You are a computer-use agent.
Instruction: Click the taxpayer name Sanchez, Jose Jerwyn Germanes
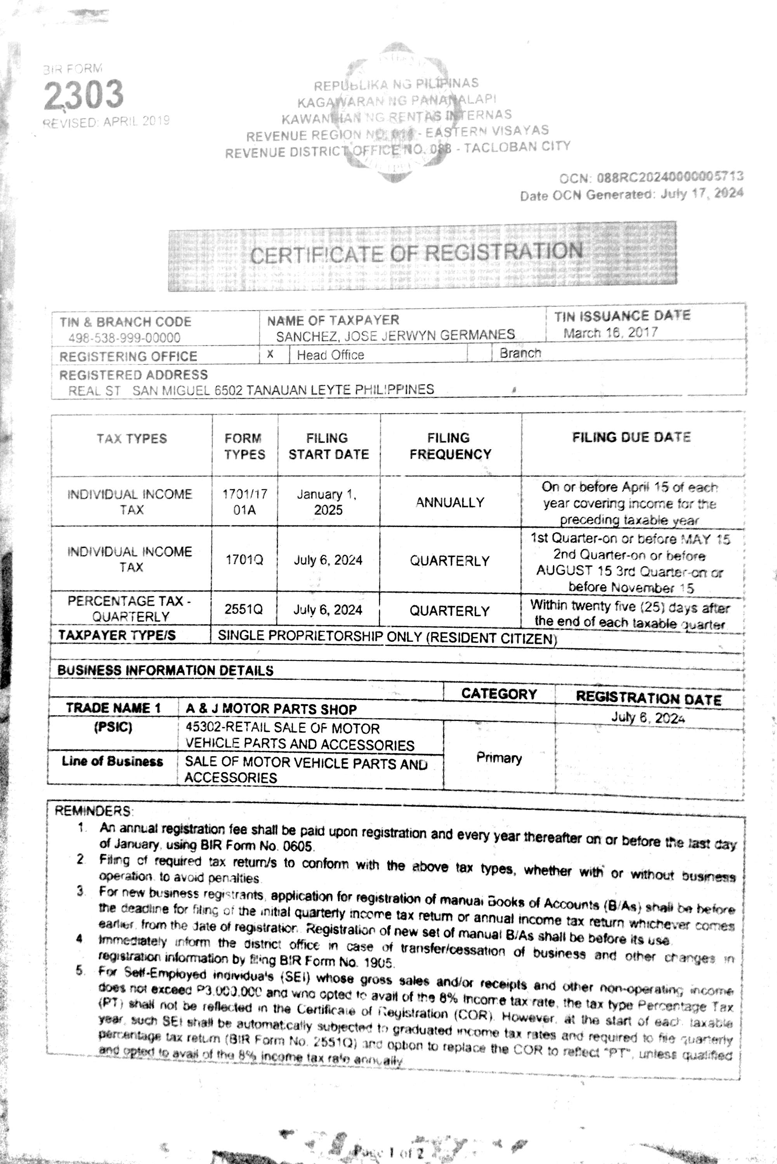395,335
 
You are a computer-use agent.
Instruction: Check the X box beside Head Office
271,354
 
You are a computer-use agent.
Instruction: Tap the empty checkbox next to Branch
479,353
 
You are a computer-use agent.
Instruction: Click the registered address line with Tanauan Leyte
251,390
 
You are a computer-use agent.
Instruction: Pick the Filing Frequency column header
450,446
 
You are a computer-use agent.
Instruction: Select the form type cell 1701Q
244,560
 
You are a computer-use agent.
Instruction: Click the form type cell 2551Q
244,609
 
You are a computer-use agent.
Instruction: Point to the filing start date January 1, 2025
328,502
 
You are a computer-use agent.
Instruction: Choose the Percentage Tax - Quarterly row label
130,609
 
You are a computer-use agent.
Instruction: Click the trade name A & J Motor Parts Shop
271,709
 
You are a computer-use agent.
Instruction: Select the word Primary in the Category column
499,758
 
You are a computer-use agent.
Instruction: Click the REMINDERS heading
93,811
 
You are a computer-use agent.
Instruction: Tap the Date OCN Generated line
631,194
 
